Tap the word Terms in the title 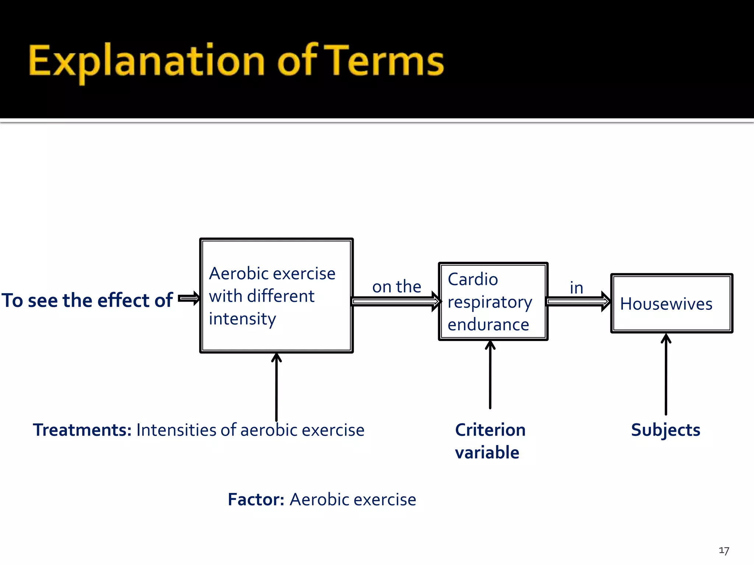point(386,61)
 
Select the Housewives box point(672,304)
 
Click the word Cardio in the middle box point(473,280)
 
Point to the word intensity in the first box point(242,319)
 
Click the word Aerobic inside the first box point(238,274)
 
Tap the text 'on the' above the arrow point(397,287)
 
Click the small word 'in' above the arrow point(576,288)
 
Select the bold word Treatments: point(82,430)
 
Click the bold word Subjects point(665,430)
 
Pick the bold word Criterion point(490,430)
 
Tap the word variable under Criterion point(487,452)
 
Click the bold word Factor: point(256,500)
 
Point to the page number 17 point(724,551)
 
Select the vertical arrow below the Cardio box point(490,375)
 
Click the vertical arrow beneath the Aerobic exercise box point(276,386)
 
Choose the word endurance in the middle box point(488,325)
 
